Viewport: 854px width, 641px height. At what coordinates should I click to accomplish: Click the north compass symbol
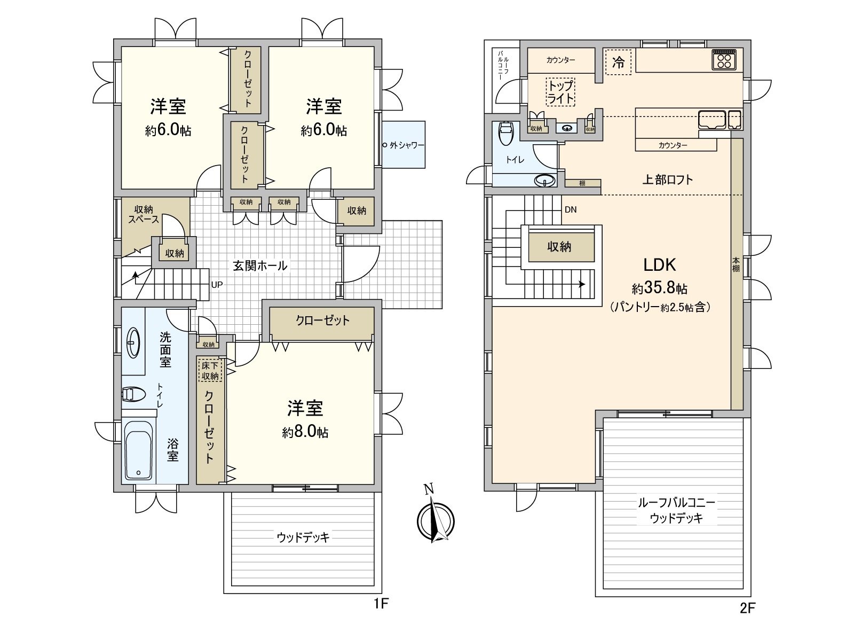tap(436, 517)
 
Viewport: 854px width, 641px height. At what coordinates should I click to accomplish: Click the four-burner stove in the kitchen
tap(725, 59)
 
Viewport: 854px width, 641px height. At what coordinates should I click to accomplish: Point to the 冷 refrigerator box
tap(618, 62)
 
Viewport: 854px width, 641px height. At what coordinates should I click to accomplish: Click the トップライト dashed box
tap(560, 92)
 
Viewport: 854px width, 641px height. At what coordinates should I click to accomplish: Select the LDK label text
tap(659, 265)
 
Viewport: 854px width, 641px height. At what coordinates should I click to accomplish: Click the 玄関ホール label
tap(260, 265)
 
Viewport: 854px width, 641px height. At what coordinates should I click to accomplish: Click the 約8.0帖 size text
tap(305, 432)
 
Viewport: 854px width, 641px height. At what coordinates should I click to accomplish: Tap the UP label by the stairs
tap(217, 285)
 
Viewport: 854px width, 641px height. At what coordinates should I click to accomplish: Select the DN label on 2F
tap(571, 210)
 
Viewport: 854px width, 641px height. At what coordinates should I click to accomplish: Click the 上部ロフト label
tap(667, 179)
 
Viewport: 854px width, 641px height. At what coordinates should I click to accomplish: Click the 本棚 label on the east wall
tap(736, 265)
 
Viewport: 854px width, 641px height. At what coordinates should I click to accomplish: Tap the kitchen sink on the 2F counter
tap(712, 119)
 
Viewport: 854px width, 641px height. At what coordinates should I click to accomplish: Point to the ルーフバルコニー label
tap(676, 503)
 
